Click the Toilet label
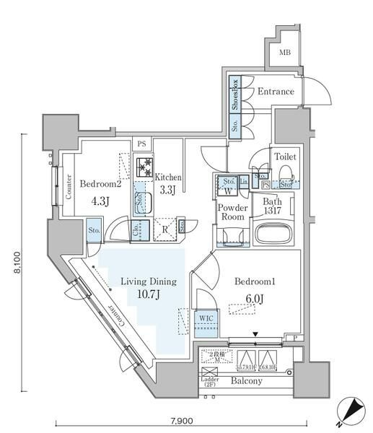tap(284, 156)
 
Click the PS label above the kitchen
tap(141, 144)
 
